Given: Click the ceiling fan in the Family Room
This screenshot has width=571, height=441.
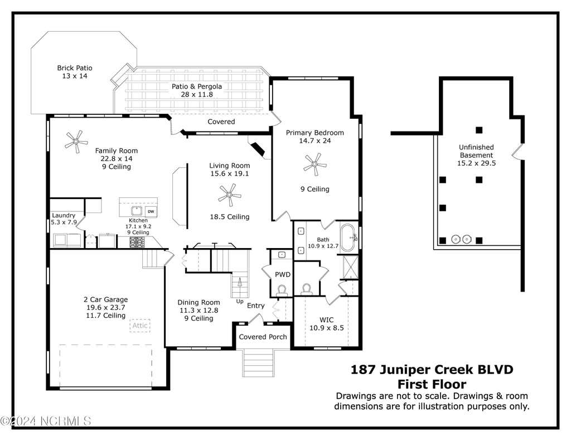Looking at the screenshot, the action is click(x=76, y=141).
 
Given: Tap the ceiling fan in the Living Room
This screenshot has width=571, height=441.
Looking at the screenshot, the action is click(x=229, y=195).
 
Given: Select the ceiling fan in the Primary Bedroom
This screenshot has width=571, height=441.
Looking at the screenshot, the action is click(x=315, y=164).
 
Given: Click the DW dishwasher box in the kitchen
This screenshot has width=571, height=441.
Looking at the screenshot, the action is click(x=151, y=211).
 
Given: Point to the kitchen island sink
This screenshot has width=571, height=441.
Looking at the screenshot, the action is click(x=137, y=211).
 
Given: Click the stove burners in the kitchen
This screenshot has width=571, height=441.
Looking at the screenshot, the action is click(x=137, y=242).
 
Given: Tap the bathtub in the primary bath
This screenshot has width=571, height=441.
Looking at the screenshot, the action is click(x=348, y=238).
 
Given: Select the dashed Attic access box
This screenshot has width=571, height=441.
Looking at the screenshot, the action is click(x=140, y=325).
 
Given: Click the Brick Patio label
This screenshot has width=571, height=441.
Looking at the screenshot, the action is click(x=75, y=67).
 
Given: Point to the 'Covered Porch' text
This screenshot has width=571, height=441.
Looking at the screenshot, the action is click(x=263, y=337).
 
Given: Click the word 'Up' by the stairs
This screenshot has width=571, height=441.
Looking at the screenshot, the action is click(x=240, y=302).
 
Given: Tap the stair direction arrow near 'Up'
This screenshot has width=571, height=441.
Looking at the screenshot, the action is click(x=240, y=283).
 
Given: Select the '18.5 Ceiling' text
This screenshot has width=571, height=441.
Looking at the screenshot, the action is click(x=230, y=217).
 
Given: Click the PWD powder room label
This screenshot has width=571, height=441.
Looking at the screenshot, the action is click(x=283, y=274).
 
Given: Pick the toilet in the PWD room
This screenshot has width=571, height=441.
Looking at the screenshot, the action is click(x=282, y=290).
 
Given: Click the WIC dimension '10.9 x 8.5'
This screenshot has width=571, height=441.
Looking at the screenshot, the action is click(x=327, y=328).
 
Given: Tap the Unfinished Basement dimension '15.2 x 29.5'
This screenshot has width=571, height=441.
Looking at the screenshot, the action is click(x=476, y=163).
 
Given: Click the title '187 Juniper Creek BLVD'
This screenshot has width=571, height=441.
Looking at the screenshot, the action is click(x=432, y=370).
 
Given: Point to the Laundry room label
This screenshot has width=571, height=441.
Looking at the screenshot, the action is click(x=64, y=215).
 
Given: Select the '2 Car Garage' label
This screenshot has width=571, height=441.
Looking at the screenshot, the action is click(x=105, y=299).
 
